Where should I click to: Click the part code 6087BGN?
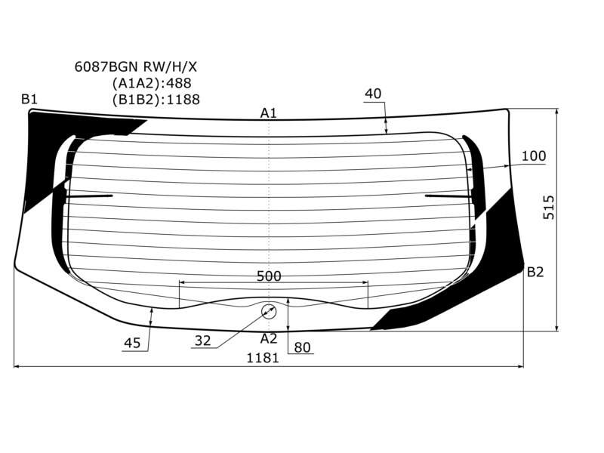click(x=106, y=67)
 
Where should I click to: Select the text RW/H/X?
click(x=170, y=67)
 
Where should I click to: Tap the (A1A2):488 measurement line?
click(x=152, y=83)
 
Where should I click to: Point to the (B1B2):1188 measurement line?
click(x=156, y=100)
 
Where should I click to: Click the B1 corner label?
click(x=29, y=100)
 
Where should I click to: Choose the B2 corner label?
click(x=535, y=273)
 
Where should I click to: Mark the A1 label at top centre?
click(x=269, y=113)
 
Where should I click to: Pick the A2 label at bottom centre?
click(x=269, y=338)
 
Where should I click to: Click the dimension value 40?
click(x=372, y=94)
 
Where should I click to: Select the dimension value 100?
click(x=534, y=156)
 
